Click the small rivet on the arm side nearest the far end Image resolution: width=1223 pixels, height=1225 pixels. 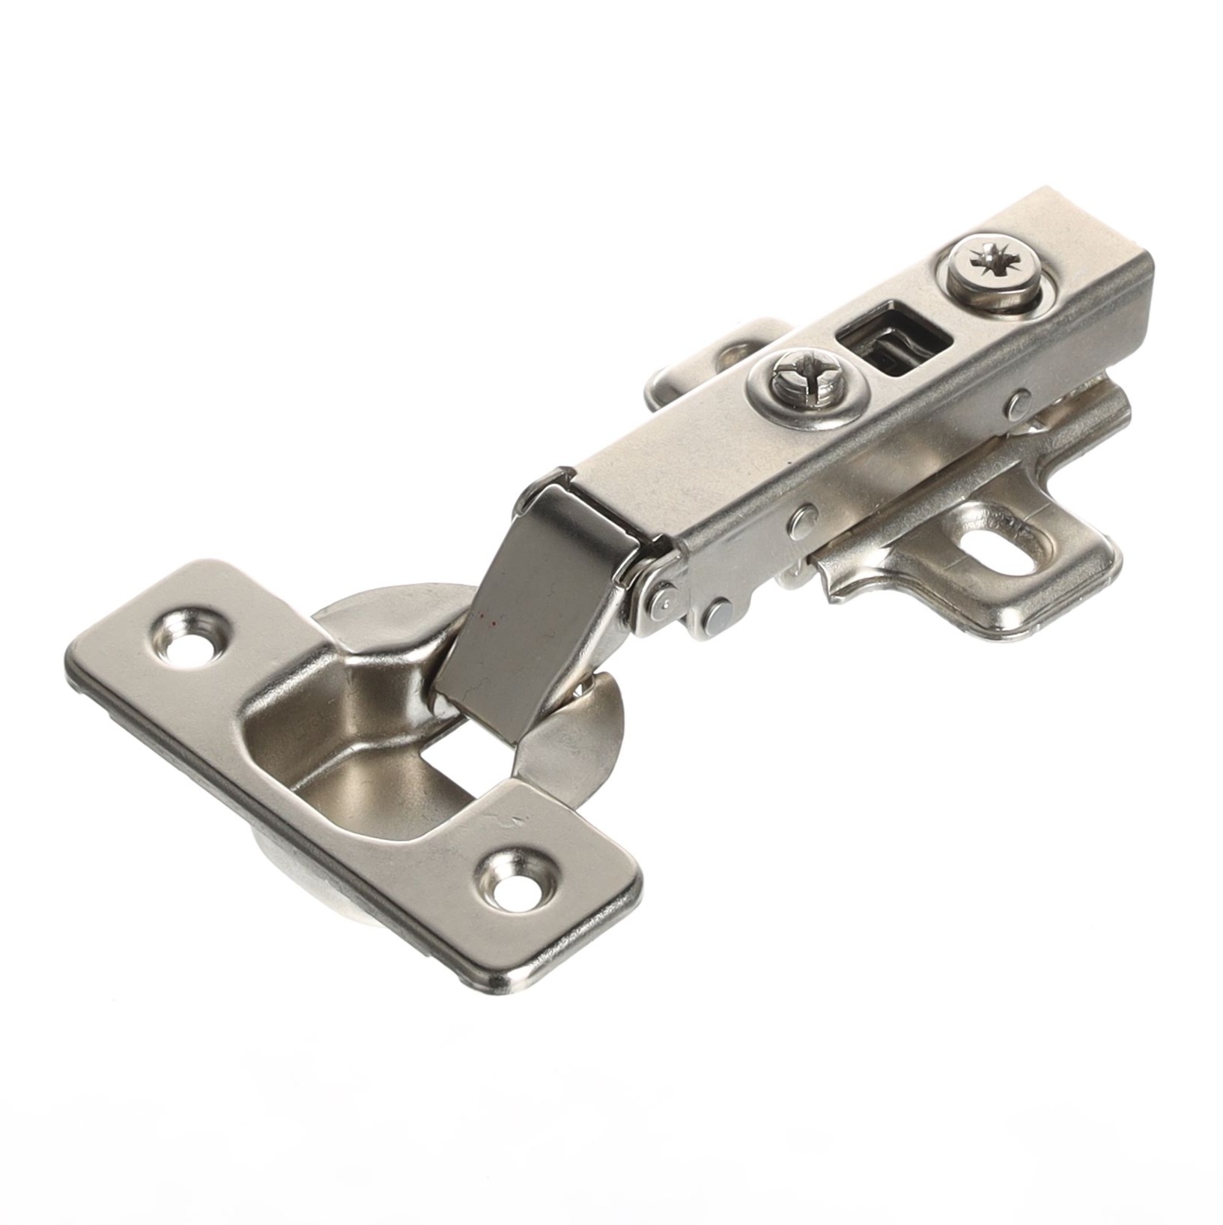tap(1017, 405)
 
